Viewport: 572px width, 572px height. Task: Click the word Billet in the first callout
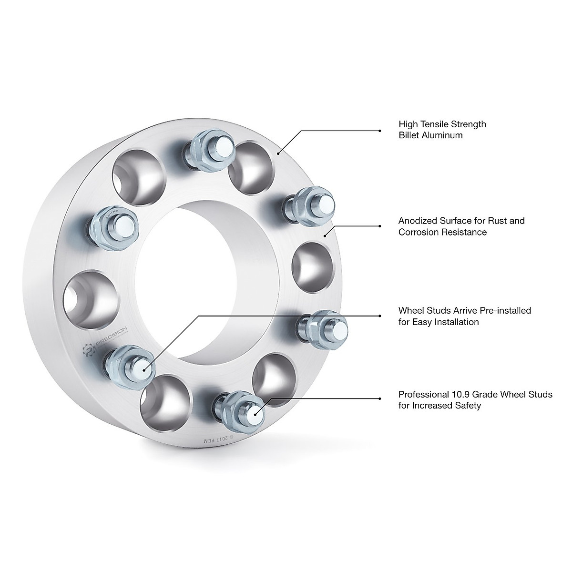pyautogui.click(x=409, y=135)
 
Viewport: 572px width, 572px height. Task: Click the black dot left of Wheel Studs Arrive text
pyautogui.click(x=379, y=315)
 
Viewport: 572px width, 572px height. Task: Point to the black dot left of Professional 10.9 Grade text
pyautogui.click(x=379, y=398)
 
